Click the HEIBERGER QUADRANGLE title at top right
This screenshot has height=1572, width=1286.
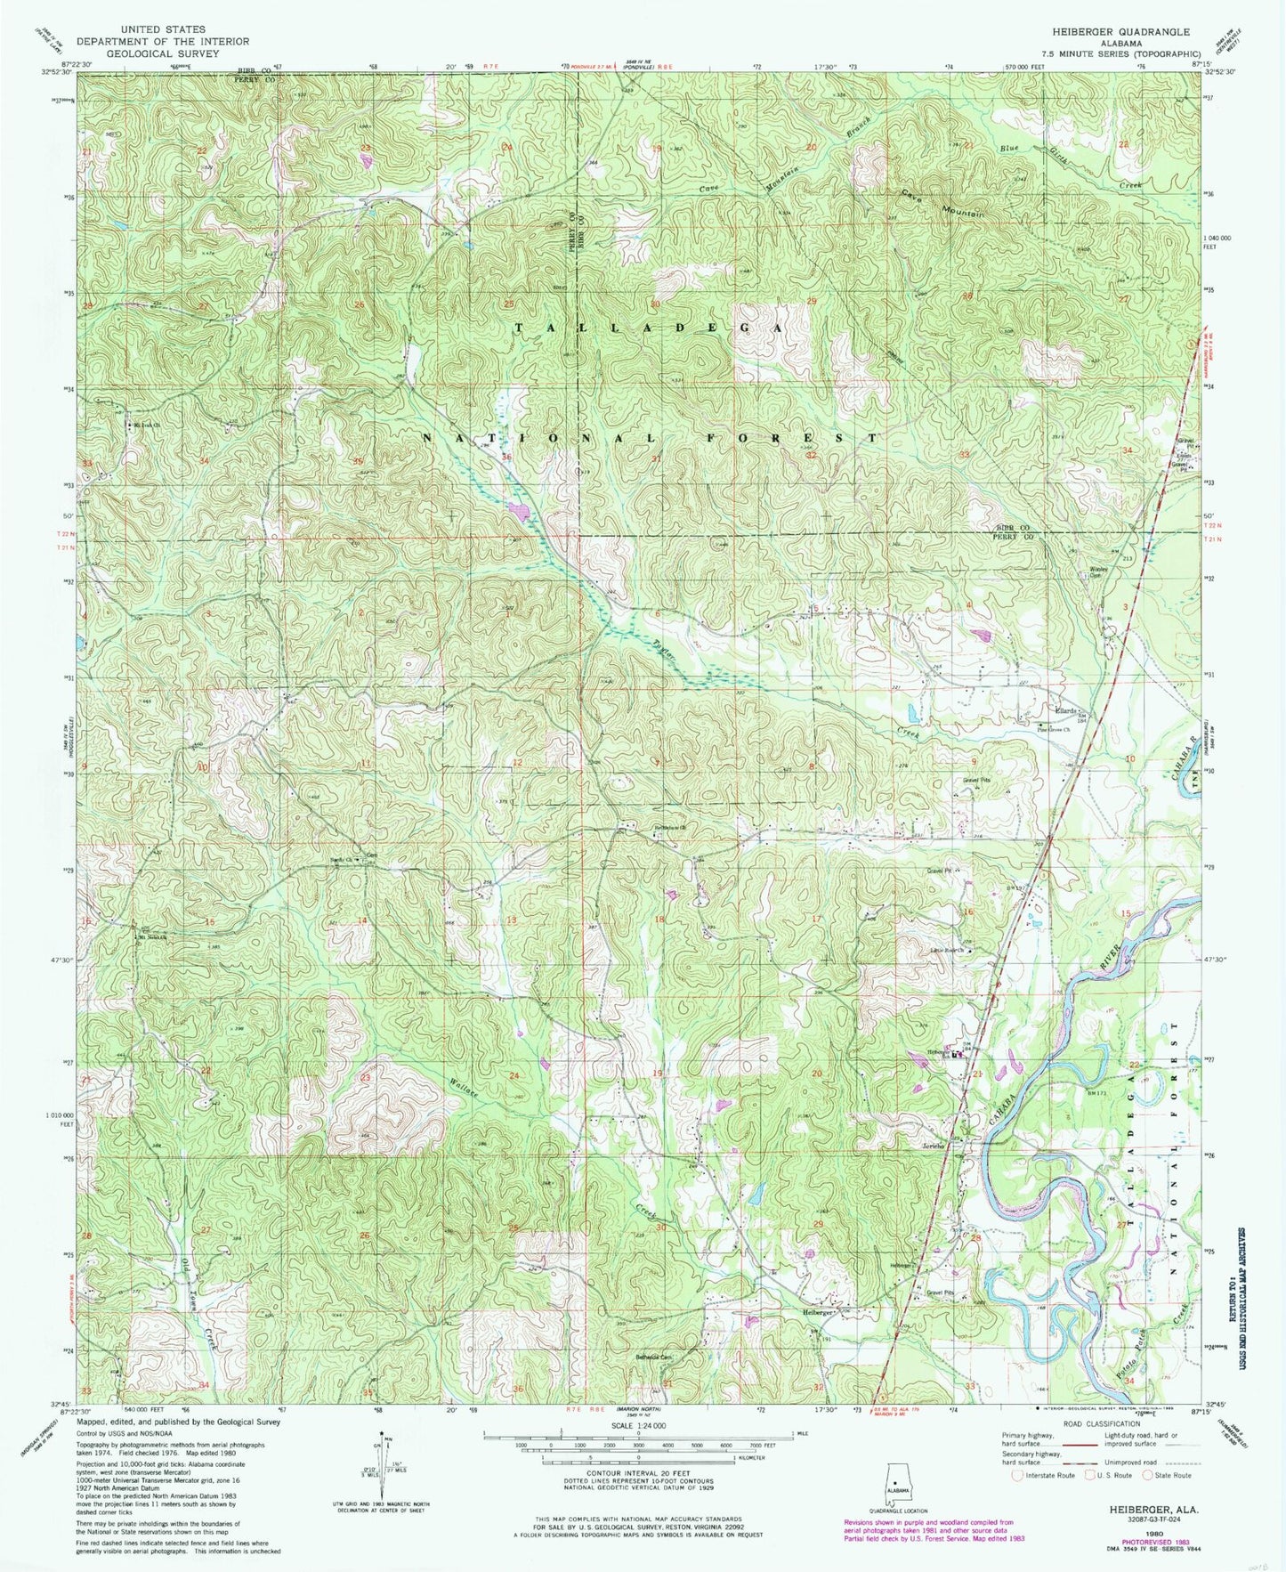[x=1120, y=31]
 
